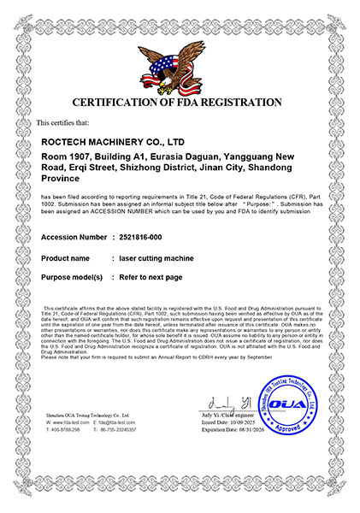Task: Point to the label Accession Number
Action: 74,237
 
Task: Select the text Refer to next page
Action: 153,278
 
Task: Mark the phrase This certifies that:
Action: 64,123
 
